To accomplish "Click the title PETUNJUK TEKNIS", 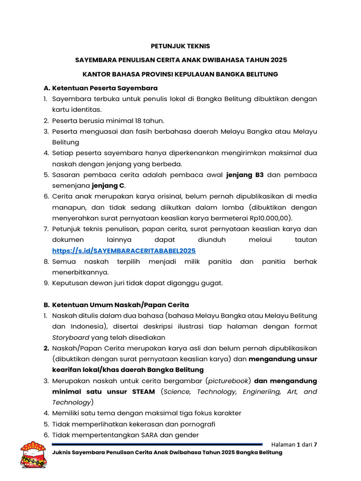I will pos(180,46).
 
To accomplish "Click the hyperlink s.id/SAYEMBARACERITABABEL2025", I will pos(124,251).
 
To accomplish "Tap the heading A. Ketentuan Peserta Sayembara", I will pos(100,88).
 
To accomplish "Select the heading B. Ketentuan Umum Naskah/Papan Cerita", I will pos(116,305).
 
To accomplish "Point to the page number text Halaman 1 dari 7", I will pos(294,444).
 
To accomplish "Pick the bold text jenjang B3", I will pos(245,175).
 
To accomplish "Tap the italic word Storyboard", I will pos(71,337).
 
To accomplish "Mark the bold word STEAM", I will pos(141,392).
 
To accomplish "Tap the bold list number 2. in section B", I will pos(46,348).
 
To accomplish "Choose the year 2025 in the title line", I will pos(278,60).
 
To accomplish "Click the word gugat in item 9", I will pos(212,283).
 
